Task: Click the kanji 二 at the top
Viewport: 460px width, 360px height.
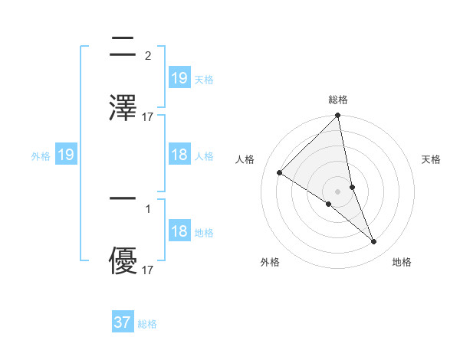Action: point(123,48)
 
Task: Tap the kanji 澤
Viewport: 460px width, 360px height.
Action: point(123,108)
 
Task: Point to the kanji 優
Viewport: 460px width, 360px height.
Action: point(123,261)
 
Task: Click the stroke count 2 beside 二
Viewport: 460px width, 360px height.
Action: point(147,56)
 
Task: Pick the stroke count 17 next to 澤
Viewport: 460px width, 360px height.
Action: point(148,117)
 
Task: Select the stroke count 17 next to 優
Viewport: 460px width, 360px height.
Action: point(148,270)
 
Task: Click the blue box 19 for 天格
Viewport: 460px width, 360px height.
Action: point(179,77)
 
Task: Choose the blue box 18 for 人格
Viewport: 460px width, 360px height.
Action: point(179,155)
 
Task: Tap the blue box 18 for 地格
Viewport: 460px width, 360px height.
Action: point(179,231)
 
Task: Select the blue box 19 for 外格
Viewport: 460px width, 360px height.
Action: point(66,155)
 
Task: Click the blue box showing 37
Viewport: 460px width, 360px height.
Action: point(123,322)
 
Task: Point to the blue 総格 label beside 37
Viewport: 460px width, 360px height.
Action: point(148,324)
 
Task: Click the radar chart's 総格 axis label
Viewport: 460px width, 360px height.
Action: point(338,100)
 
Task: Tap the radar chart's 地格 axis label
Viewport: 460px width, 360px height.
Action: point(402,262)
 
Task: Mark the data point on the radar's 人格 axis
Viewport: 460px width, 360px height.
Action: point(280,173)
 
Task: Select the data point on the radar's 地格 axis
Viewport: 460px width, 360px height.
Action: point(374,241)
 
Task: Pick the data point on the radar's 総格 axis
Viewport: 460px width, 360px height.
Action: point(338,116)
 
